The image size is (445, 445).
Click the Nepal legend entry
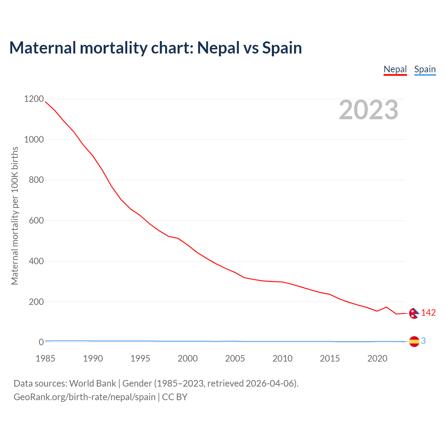[395, 69]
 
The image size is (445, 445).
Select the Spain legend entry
[425, 69]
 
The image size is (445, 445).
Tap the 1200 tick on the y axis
[34, 99]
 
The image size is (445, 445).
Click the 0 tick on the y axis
[41, 342]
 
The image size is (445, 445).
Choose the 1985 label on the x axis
[45, 358]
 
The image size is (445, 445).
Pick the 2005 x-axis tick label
[235, 358]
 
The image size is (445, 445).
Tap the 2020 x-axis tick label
[377, 358]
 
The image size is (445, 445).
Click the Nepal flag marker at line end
[414, 313]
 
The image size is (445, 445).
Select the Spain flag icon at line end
[414, 342]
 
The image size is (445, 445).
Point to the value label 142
[428, 313]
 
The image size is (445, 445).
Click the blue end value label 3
[423, 341]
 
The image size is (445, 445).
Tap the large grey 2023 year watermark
[369, 110]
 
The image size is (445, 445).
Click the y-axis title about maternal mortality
[15, 216]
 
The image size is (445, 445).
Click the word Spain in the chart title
[282, 48]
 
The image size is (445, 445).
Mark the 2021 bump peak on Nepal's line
[387, 307]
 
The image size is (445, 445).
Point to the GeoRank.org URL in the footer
[84, 397]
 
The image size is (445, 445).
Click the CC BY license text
[175, 397]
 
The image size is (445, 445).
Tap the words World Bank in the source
[92, 383]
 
